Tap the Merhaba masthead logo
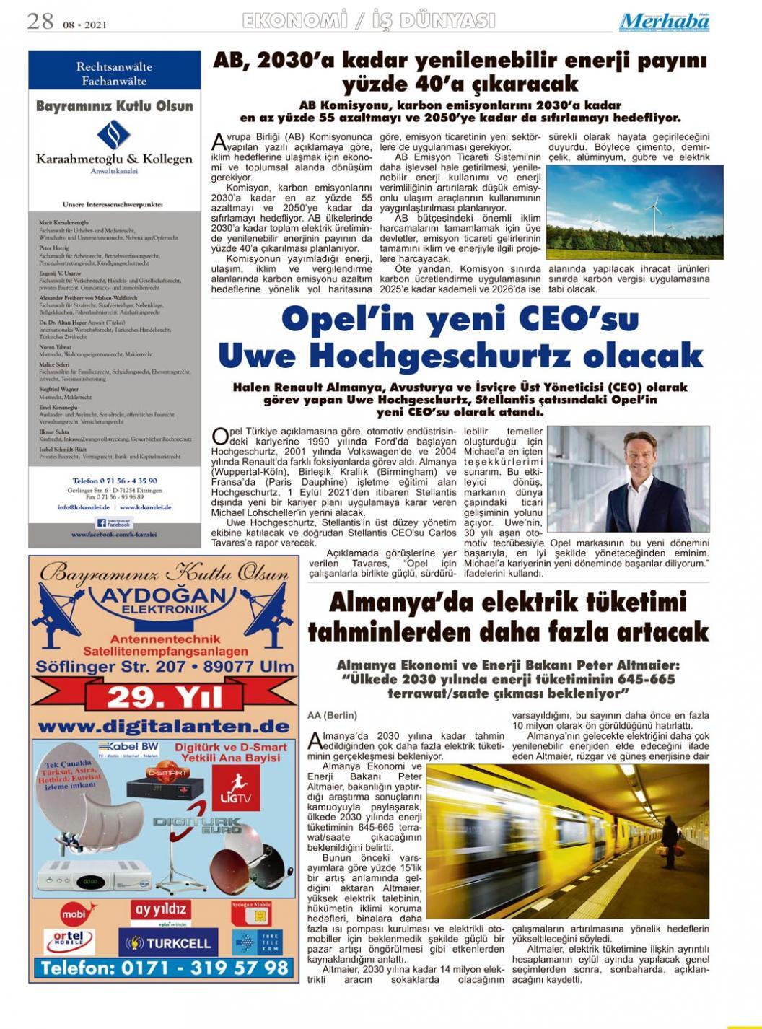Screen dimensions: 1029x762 [664, 22]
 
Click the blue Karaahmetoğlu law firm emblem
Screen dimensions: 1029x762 [114, 136]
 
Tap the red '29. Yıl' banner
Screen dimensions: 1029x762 [165, 697]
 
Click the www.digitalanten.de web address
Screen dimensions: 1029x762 [165, 725]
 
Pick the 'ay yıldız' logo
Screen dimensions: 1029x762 [160, 909]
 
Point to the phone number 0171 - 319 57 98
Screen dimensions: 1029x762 [165, 967]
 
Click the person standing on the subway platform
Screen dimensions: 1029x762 [670, 842]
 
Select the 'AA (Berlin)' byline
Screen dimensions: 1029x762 [332, 715]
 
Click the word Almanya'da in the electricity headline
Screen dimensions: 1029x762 [399, 602]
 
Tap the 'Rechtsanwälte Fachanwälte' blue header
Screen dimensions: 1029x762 [114, 73]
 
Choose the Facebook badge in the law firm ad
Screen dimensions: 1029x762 [114, 522]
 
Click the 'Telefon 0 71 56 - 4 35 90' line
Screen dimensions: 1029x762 [115, 481]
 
